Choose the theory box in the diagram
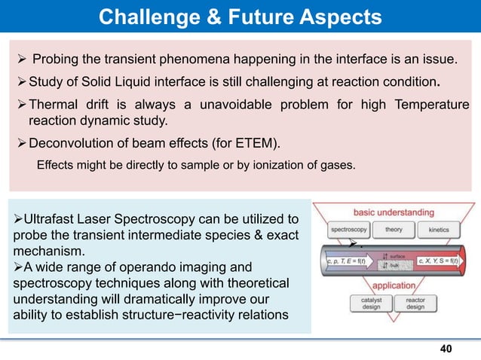tap(394, 228)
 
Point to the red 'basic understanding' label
tap(394, 212)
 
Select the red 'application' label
tap(393, 285)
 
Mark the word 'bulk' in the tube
tap(394, 266)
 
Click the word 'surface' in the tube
tap(397, 256)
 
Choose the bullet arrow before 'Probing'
tap(21, 59)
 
